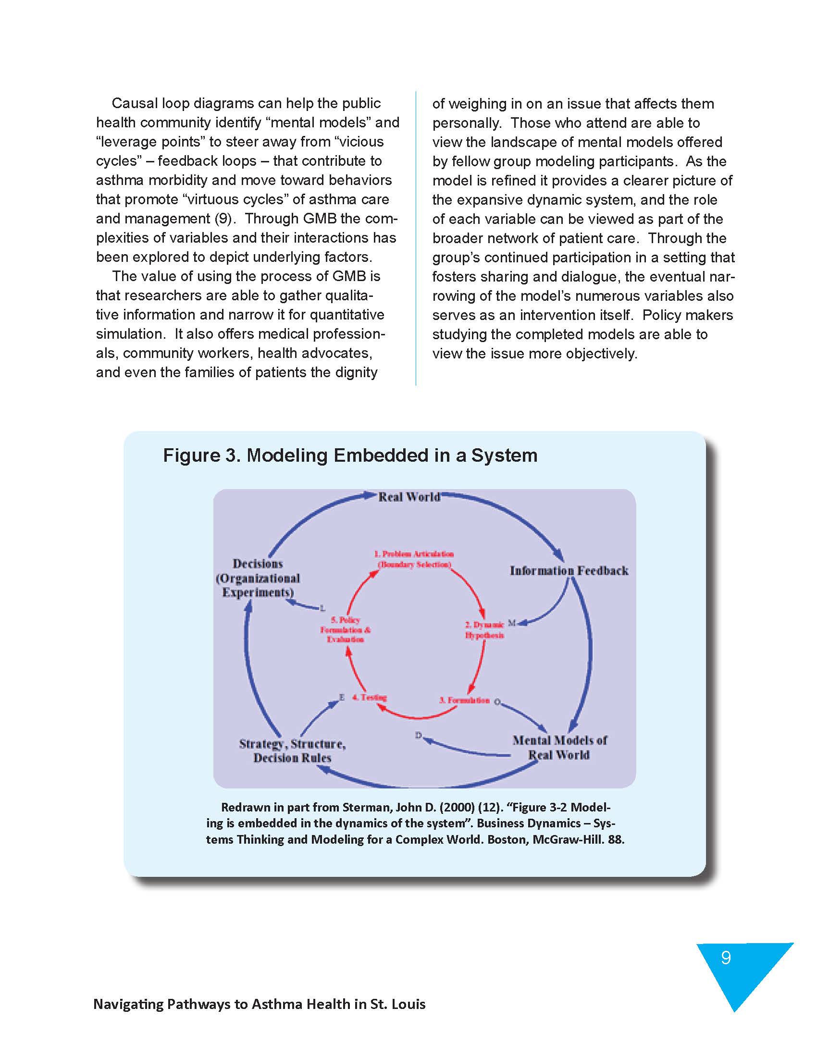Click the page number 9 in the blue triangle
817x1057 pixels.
point(726,958)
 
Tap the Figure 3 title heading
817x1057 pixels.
point(350,455)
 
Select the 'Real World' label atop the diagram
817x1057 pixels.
point(409,497)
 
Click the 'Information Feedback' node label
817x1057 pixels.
point(569,571)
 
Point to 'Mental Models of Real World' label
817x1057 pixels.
point(559,747)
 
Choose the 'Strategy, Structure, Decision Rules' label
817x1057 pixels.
point(292,750)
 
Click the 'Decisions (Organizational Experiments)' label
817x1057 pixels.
point(258,578)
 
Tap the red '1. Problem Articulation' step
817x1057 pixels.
point(414,559)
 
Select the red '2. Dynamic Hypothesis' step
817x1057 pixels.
point(484,630)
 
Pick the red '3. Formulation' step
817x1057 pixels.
point(464,700)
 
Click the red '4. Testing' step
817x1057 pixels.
point(369,698)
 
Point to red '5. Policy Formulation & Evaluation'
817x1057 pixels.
point(345,630)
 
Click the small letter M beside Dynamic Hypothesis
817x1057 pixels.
point(512,622)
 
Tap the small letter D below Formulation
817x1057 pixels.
point(418,736)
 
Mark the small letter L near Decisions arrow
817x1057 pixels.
point(322,608)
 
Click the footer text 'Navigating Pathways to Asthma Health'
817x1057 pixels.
point(259,1004)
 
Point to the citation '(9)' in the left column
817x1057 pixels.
point(223,219)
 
